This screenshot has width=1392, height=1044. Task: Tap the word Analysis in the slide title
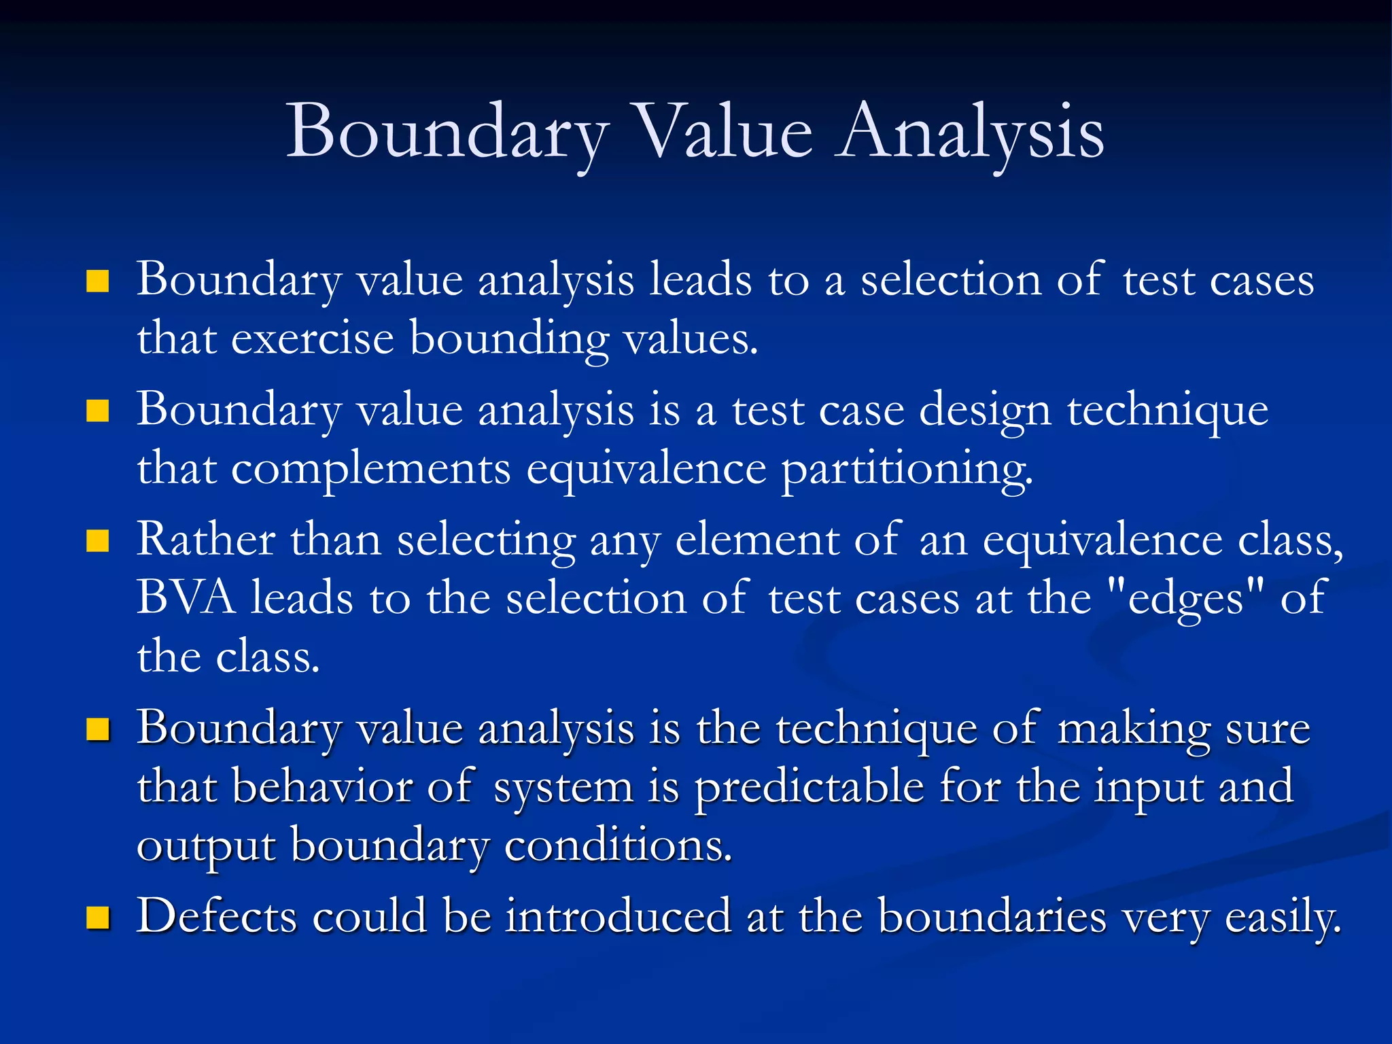[970, 132]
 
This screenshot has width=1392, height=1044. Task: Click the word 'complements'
[371, 469]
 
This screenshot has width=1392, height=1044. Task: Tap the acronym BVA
[186, 598]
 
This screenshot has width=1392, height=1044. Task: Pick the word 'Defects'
[217, 916]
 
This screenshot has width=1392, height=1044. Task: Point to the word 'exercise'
[313, 338]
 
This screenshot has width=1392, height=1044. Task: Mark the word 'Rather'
[206, 540]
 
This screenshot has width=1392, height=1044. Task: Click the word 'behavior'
[321, 787]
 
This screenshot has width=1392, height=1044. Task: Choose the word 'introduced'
[618, 916]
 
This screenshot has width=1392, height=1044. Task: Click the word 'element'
[757, 540]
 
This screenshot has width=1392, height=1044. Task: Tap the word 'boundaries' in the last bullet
[992, 916]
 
